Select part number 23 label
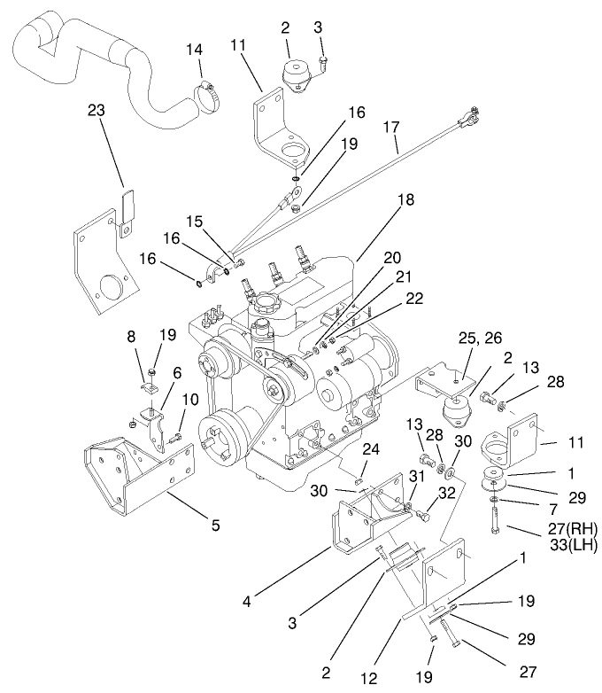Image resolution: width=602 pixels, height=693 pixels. point(97,110)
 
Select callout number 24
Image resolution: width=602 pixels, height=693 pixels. point(371,449)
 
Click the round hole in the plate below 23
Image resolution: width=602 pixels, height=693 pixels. point(111,289)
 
